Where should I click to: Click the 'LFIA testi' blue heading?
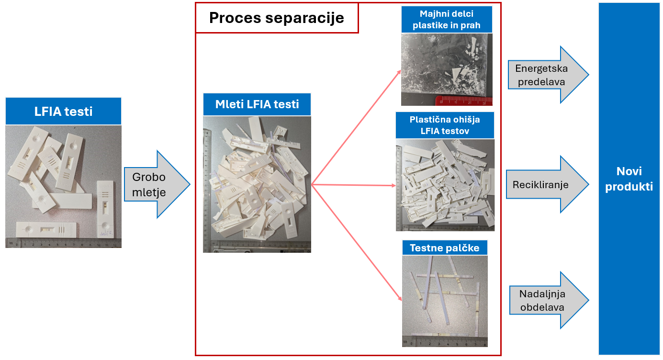tap(63, 112)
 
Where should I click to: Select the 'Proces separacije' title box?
tap(277, 18)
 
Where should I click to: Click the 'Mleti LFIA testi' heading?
tap(257, 104)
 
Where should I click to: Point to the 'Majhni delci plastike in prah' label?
tap(446, 20)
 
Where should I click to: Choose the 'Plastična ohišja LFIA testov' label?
tap(445, 125)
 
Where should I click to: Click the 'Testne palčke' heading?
tap(445, 248)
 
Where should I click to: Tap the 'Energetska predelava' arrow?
tap(546, 75)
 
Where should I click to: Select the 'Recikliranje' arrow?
tap(546, 184)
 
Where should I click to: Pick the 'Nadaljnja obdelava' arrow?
tap(546, 300)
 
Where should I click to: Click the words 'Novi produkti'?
tap(629, 179)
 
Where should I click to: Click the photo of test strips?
tap(445, 301)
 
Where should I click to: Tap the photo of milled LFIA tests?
tap(257, 184)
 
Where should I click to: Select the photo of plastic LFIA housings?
tap(445, 185)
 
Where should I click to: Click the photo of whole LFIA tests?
tap(63, 187)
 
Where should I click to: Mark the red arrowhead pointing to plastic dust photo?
tap(399, 72)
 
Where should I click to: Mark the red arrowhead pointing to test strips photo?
tap(399, 298)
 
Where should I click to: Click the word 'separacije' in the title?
tap(311, 18)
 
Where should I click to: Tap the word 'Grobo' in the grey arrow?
tap(149, 177)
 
